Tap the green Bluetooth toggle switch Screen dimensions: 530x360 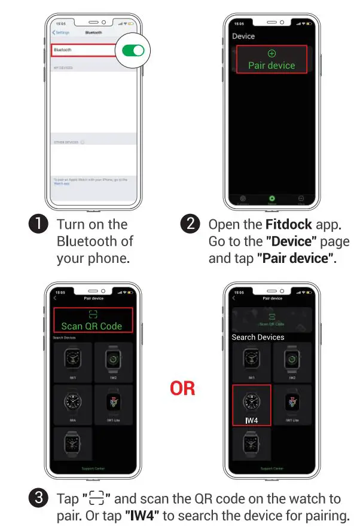tap(133, 51)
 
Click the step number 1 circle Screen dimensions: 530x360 tap(38, 225)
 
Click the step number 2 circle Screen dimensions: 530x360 tap(190, 225)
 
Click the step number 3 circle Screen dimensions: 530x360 tap(38, 499)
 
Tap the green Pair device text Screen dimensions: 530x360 tap(271, 65)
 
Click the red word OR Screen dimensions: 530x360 tap(182, 388)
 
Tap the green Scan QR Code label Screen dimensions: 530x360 tap(91, 326)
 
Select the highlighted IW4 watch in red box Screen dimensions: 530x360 tap(251, 405)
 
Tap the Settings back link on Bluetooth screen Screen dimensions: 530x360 tap(61, 32)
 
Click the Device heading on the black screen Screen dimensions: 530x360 tap(243, 36)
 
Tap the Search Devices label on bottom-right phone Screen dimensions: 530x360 tap(258, 337)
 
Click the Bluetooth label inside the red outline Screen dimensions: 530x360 tap(63, 51)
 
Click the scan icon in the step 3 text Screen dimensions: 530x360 tap(96, 499)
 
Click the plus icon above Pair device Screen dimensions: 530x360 tap(271, 53)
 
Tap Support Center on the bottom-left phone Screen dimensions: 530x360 tap(93, 468)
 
